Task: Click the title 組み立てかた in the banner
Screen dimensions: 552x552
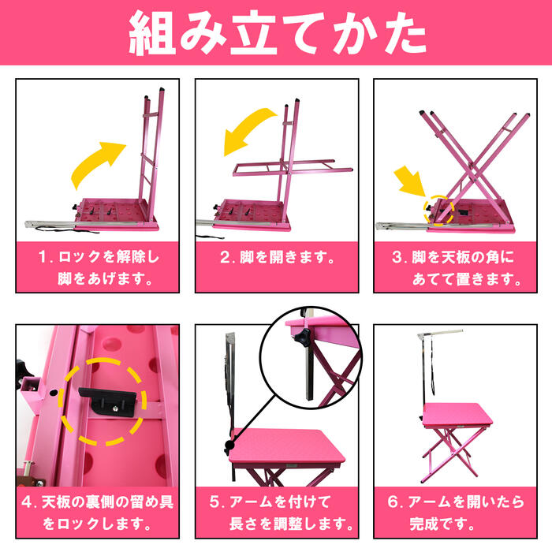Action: pos(278,32)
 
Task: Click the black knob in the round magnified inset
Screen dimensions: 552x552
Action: pos(303,338)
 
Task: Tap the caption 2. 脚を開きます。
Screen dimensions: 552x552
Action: pos(278,257)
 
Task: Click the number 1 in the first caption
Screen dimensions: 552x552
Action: pos(43,257)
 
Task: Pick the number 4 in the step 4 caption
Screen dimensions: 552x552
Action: pos(27,502)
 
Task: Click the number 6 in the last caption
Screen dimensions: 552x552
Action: pos(393,502)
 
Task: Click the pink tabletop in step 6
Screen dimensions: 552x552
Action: pos(457,415)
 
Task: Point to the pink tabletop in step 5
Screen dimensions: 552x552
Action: pos(287,448)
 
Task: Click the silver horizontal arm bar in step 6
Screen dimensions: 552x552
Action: pos(440,333)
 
